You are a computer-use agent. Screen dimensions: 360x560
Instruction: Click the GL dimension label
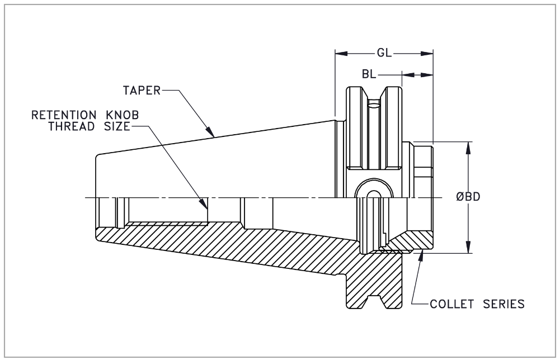coord(384,54)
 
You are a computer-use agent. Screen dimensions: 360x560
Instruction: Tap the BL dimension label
coord(370,74)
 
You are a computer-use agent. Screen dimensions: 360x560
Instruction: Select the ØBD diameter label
coord(468,197)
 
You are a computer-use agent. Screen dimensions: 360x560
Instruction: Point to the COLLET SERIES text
coord(477,305)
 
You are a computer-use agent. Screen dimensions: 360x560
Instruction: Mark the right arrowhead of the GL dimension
coord(428,54)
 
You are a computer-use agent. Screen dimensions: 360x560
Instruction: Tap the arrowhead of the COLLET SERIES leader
coord(422,256)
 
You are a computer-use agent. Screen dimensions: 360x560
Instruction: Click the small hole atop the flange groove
coord(373,104)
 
